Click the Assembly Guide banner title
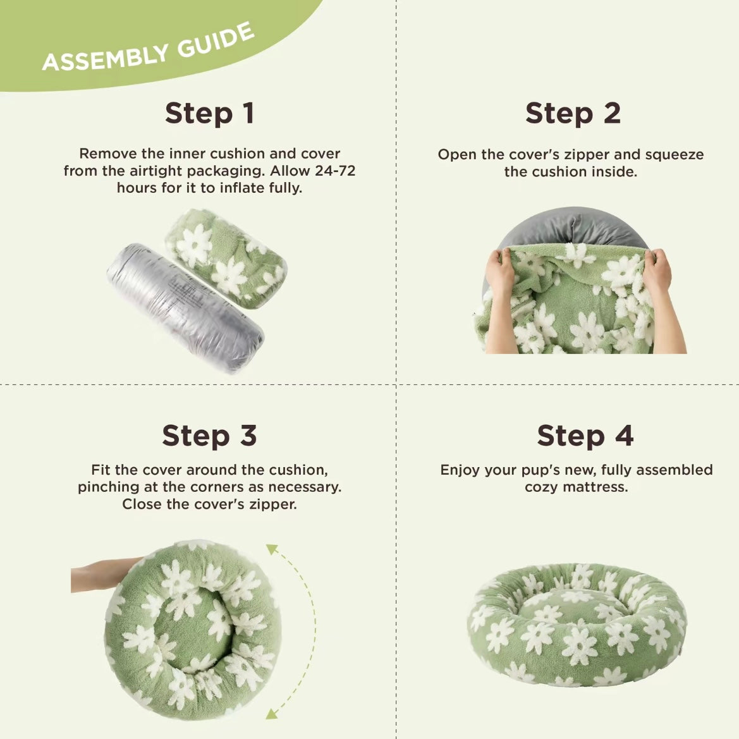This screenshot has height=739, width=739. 149,47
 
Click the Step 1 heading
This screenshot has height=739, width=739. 210,114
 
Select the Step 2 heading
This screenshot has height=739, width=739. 573,114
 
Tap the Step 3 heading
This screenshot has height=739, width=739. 209,436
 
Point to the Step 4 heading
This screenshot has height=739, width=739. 585,436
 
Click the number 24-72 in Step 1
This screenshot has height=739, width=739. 335,171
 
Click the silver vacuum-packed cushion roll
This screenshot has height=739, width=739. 185,308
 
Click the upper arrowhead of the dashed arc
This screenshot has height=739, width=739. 272,549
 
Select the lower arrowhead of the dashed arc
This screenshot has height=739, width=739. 272,713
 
